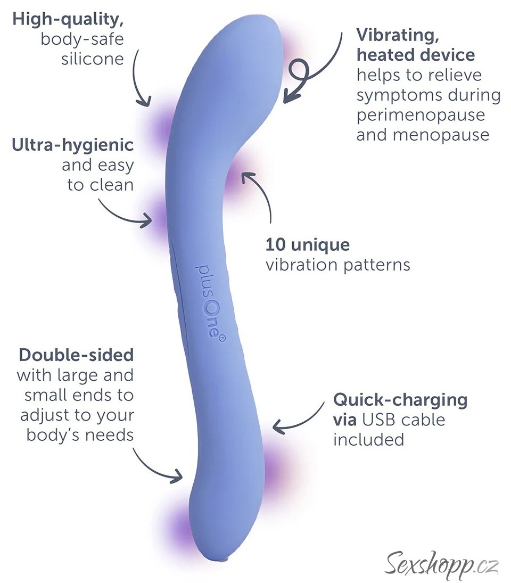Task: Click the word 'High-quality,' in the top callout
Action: click(68, 20)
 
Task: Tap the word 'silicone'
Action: click(93, 58)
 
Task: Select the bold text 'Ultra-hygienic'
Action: click(73, 145)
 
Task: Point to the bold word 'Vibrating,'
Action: click(394, 35)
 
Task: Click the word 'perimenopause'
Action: click(421, 114)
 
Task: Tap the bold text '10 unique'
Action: click(308, 245)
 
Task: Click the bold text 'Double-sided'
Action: click(76, 355)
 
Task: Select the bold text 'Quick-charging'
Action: click(400, 399)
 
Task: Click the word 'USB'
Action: click(379, 420)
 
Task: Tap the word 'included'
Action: click(368, 439)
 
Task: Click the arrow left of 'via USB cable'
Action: click(298, 421)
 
